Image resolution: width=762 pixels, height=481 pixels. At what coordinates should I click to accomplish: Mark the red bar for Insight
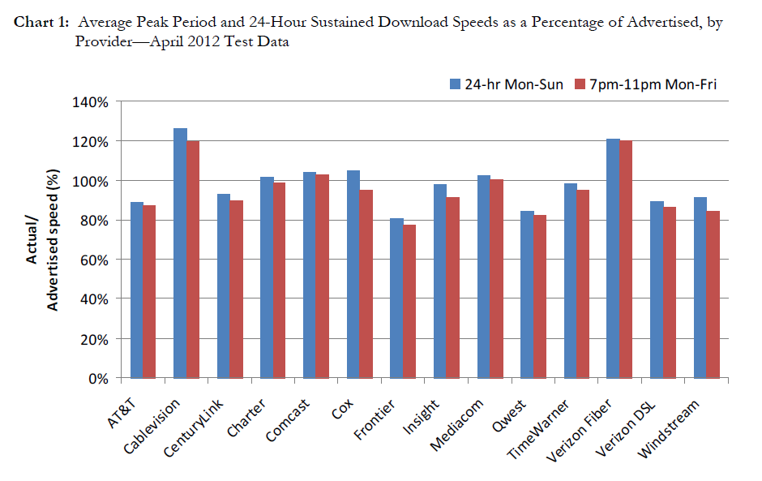point(453,288)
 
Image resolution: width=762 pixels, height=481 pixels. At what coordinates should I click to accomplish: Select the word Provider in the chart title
point(102,42)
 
